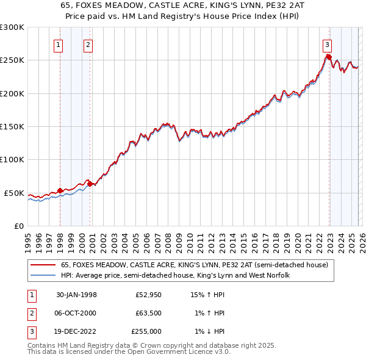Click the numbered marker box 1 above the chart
58,45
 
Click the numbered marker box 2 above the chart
88,45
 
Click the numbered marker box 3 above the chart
327,45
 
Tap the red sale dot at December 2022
328,57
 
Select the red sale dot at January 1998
60,190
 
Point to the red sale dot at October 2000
90,183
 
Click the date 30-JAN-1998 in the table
76,295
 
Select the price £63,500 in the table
147,313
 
